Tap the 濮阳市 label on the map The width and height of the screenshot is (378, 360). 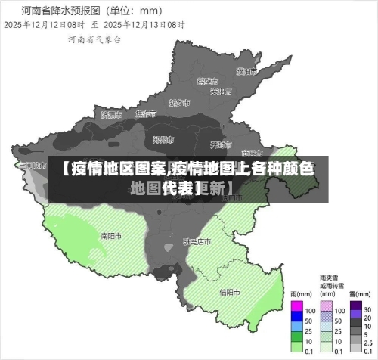246,72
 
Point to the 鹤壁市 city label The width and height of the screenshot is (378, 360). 206,81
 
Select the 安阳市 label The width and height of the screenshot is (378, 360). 220,92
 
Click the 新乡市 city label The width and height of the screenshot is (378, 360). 179,102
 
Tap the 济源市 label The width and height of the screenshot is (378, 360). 111,115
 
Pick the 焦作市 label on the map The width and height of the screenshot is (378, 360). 145,114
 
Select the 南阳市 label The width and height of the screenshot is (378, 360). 111,235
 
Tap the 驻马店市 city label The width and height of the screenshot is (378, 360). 197,241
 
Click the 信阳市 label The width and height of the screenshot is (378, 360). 230,292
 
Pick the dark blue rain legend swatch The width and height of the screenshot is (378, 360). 297,319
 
